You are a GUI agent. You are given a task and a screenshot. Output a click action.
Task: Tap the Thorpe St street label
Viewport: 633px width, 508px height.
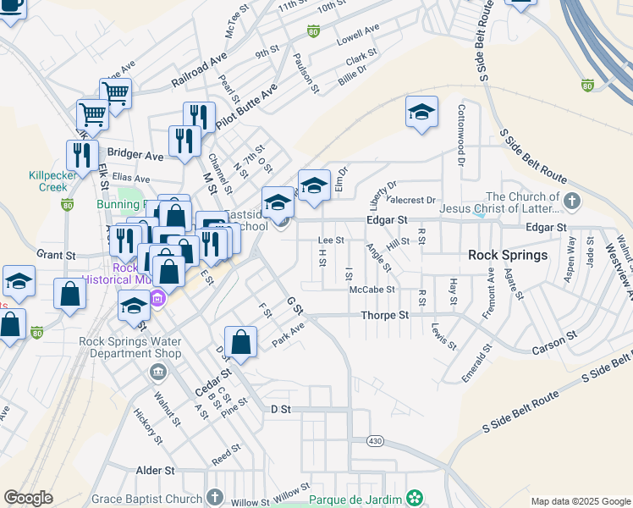pyautogui.click(x=385, y=315)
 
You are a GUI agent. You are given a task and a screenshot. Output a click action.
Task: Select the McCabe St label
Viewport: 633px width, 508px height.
pyautogui.click(x=372, y=290)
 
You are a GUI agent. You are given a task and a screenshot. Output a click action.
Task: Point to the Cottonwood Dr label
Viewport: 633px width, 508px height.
pyautogui.click(x=462, y=135)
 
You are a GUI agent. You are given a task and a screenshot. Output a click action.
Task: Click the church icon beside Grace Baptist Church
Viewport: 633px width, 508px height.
pyautogui.click(x=215, y=497)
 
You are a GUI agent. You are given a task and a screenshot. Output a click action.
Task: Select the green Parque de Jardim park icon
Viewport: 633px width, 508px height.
pyautogui.click(x=414, y=497)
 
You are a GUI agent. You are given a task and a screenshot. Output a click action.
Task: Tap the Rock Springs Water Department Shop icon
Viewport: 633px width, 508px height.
pyautogui.click(x=158, y=373)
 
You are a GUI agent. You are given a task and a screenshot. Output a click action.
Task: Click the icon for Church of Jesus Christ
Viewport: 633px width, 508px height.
pyautogui.click(x=573, y=202)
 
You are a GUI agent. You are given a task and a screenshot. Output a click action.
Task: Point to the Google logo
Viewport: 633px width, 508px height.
pyautogui.click(x=28, y=497)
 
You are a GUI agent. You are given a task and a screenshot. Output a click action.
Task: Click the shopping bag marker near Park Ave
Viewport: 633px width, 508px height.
pyautogui.click(x=241, y=343)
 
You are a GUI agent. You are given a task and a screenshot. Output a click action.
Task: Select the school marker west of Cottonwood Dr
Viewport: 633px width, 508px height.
pyautogui.click(x=421, y=113)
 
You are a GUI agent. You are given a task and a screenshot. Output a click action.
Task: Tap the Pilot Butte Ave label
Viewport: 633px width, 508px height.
pyautogui.click(x=246, y=106)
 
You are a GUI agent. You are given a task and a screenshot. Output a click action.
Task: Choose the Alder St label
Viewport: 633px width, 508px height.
pyautogui.click(x=155, y=470)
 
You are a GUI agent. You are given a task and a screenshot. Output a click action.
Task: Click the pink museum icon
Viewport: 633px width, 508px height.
pyautogui.click(x=157, y=298)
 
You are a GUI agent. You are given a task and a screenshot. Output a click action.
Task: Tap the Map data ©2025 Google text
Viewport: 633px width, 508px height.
pyautogui.click(x=581, y=501)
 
